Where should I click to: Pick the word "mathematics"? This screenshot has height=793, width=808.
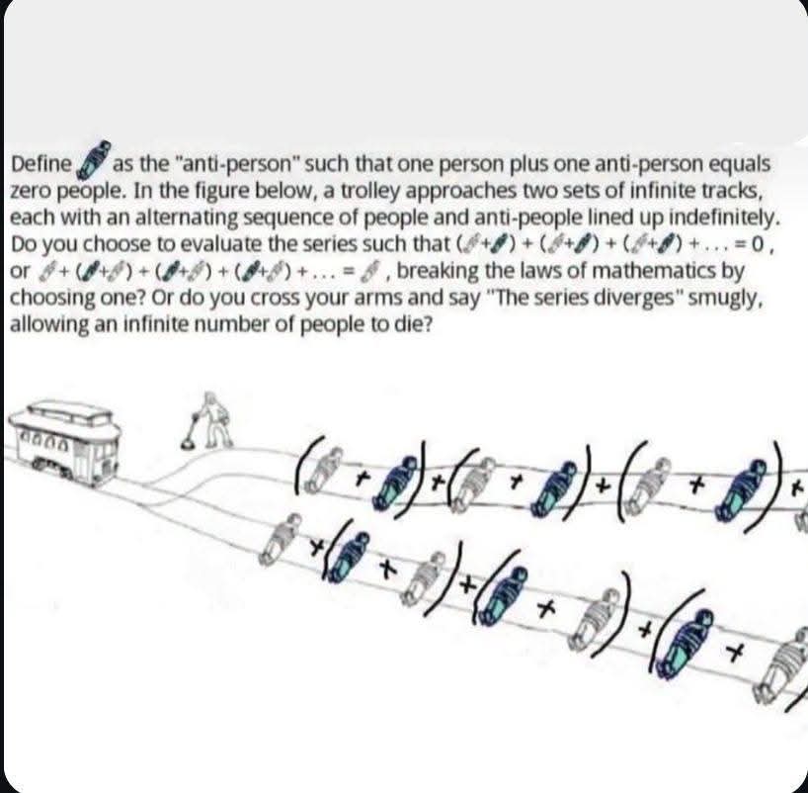pos(646,270)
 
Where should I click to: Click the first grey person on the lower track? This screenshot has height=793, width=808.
pos(280,539)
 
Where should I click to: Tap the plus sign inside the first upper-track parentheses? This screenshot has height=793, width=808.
pos(363,480)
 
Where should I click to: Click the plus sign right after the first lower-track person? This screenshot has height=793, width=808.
pos(318,546)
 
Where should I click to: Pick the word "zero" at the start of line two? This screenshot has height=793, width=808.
pos(31,192)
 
